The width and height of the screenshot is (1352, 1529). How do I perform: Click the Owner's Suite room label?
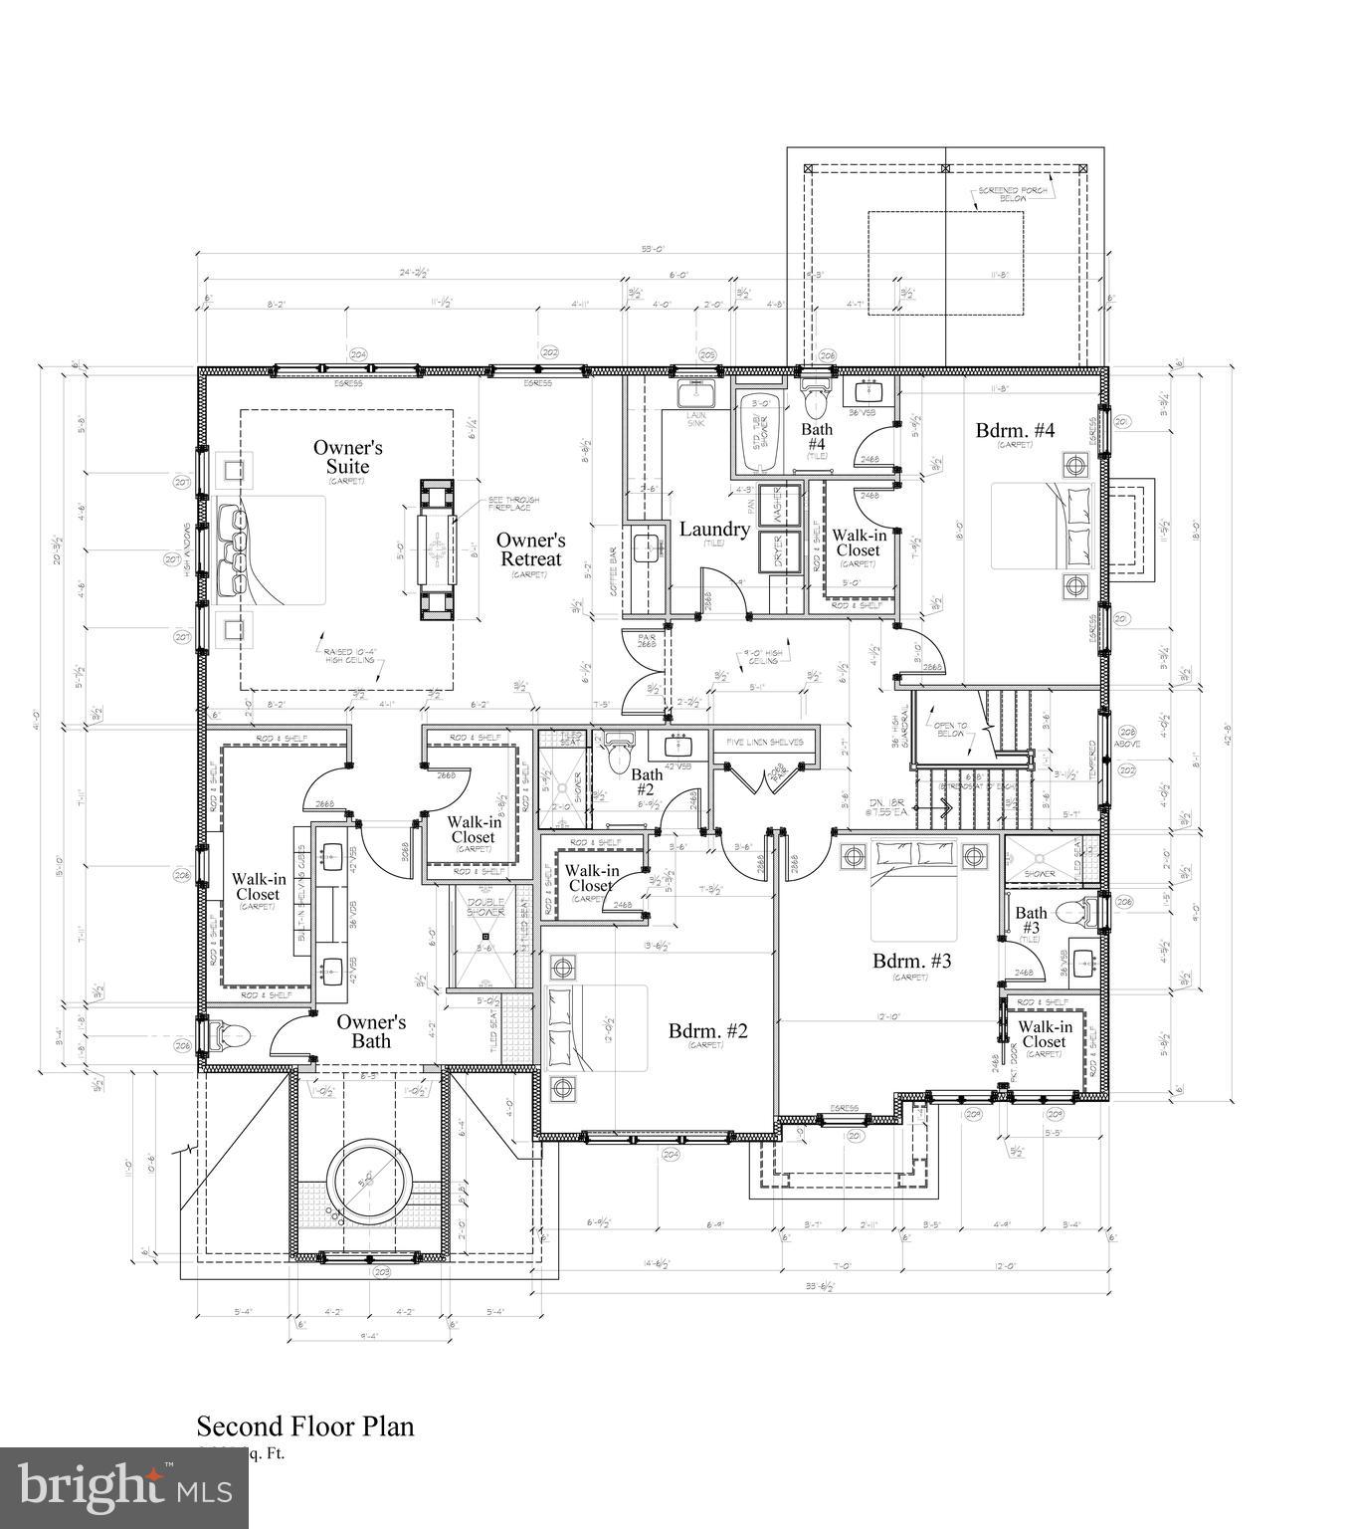pyautogui.click(x=347, y=458)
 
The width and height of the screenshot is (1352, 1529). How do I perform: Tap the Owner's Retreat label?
pyautogui.click(x=530, y=549)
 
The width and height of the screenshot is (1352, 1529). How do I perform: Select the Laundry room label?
pyautogui.click(x=713, y=530)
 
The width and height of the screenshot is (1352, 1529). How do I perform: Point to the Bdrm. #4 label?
pyautogui.click(x=1014, y=431)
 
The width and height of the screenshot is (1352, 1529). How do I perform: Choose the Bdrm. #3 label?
pyautogui.click(x=912, y=962)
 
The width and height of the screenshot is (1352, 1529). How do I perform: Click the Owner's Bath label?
pyautogui.click(x=370, y=1031)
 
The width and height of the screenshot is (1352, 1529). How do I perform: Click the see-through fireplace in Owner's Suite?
pyautogui.click(x=436, y=549)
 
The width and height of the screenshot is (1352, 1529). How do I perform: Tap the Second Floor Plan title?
pyautogui.click(x=304, y=1426)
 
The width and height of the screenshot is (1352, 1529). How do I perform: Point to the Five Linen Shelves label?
pyautogui.click(x=764, y=743)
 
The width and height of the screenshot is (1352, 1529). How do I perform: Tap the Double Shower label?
pyautogui.click(x=485, y=908)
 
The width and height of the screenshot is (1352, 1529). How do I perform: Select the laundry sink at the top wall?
pyautogui.click(x=696, y=395)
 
